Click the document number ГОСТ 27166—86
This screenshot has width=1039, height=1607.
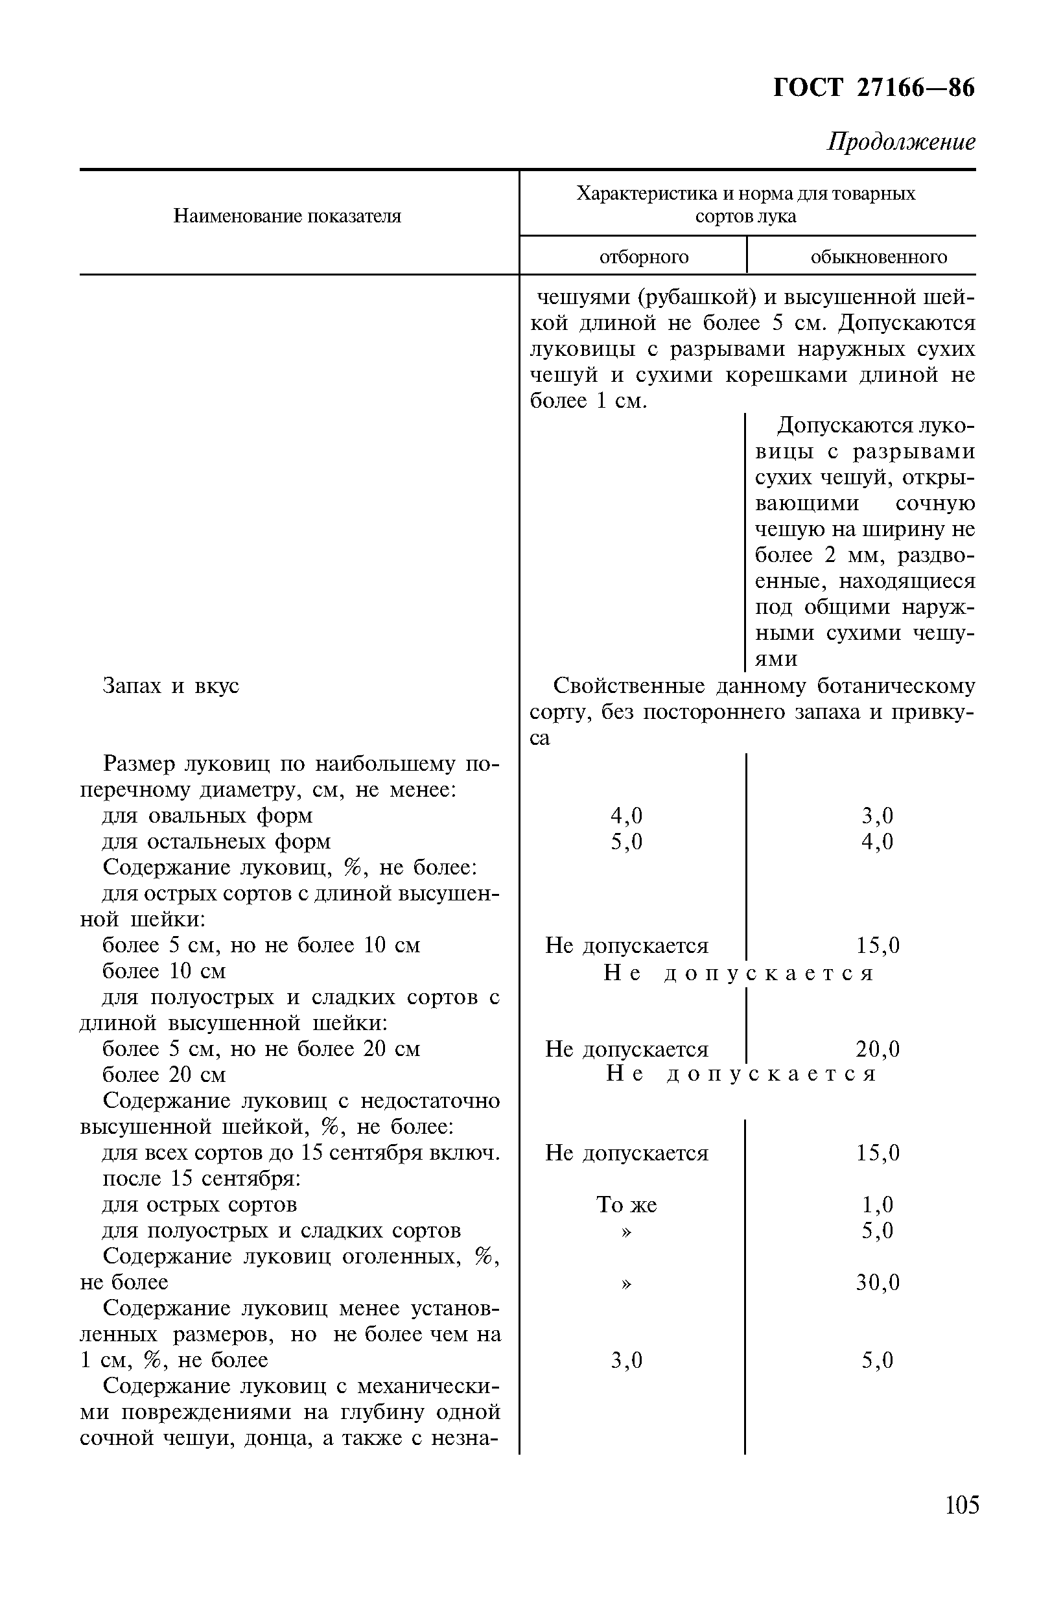(x=873, y=88)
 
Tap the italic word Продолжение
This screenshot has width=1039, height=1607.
(x=901, y=142)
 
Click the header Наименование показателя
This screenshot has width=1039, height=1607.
(x=287, y=216)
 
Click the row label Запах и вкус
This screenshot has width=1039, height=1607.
(x=170, y=686)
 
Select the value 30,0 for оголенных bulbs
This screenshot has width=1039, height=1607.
(x=878, y=1282)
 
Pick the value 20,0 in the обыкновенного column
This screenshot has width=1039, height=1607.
(x=878, y=1049)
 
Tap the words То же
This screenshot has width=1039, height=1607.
(x=626, y=1205)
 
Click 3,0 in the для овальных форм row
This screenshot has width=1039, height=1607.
(x=877, y=816)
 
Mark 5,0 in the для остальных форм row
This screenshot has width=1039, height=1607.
(x=626, y=842)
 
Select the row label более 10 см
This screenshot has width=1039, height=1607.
(x=164, y=972)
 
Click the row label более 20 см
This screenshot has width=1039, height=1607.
(x=164, y=1075)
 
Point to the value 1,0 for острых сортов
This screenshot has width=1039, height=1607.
(x=877, y=1205)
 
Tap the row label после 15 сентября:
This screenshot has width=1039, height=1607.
(x=201, y=1179)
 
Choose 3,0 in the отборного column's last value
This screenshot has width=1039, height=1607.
(x=626, y=1360)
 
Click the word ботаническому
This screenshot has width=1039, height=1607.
(x=896, y=686)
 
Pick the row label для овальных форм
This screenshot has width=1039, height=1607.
(x=207, y=816)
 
